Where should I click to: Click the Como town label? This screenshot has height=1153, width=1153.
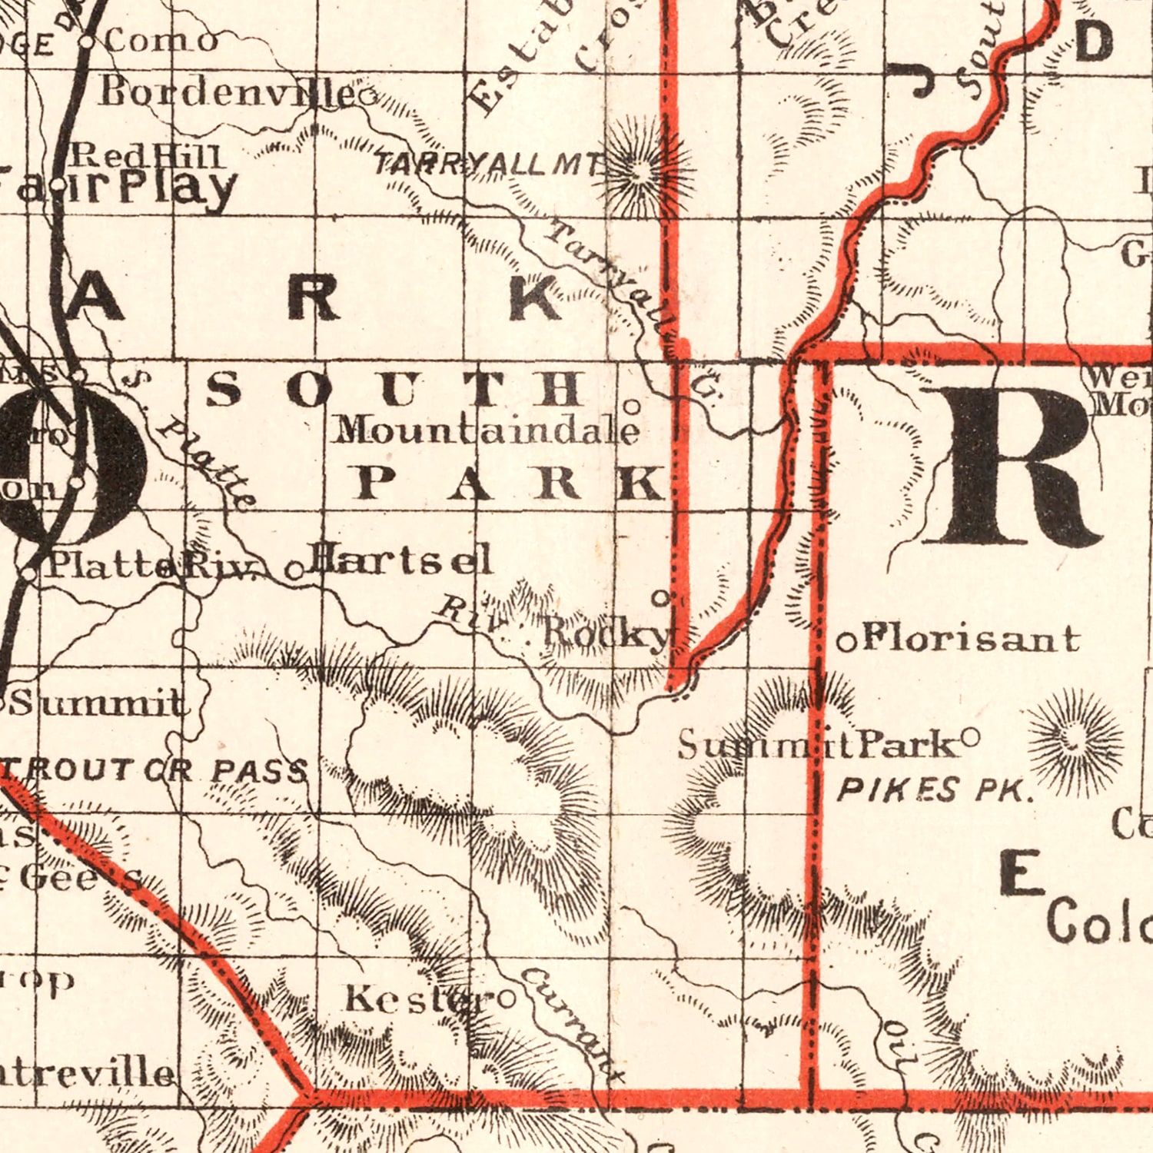(x=161, y=41)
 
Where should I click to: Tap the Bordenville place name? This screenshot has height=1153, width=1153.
(x=227, y=93)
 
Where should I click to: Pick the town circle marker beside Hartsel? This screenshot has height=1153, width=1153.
(x=294, y=570)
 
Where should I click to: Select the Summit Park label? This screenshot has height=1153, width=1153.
(x=819, y=746)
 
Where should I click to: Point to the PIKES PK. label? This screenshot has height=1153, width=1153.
(x=934, y=790)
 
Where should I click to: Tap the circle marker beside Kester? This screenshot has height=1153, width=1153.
(x=507, y=999)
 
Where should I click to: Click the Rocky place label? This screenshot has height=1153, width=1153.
(x=607, y=633)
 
